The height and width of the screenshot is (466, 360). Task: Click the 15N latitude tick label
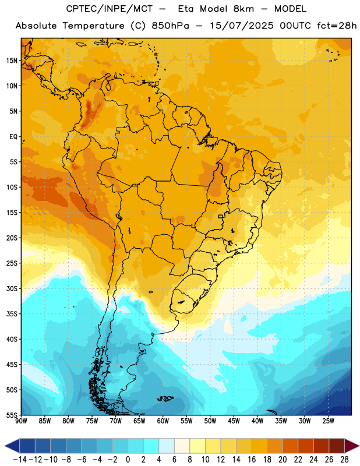coord(12,61)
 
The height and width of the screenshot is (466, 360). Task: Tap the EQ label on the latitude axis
coord(13,137)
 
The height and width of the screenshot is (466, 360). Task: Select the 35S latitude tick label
coord(12,314)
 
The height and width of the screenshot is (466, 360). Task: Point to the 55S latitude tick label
coord(12,415)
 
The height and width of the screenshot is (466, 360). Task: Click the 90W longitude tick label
coord(21,421)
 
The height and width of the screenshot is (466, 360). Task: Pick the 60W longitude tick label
coord(163,421)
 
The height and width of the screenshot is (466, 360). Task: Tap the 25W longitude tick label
coord(328,421)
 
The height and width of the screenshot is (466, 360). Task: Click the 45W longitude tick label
coord(234,421)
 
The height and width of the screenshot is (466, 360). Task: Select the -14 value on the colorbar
coord(20,460)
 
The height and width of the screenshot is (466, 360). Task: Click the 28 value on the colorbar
coord(344,460)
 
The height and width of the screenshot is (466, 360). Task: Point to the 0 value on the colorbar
coord(128,460)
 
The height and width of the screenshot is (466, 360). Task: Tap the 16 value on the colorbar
coord(252,460)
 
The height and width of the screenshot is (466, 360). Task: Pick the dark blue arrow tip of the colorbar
coord(5,446)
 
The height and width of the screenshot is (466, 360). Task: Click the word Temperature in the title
coord(93,26)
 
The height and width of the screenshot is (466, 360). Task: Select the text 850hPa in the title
coord(170,26)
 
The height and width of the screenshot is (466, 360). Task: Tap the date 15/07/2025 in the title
coord(242,26)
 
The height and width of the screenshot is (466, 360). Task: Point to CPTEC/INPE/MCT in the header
coord(109,9)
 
